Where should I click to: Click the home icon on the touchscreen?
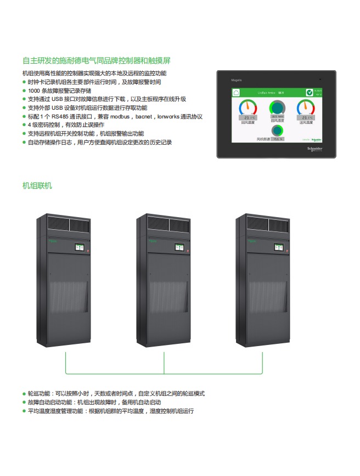[x=240, y=92]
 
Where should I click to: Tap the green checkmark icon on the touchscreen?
[x=310, y=92]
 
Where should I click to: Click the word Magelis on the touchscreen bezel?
[x=237, y=80]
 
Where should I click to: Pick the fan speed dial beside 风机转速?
[x=278, y=131]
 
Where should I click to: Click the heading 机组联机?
[x=37, y=186]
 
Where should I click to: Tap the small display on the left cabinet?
[x=80, y=248]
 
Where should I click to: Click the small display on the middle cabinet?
[x=179, y=248]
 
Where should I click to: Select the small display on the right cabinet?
[x=279, y=248]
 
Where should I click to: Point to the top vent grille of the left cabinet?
[x=69, y=224]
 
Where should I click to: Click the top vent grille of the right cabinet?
[x=267, y=224]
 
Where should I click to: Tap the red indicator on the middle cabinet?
[x=187, y=251]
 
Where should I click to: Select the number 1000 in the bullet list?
[x=34, y=90]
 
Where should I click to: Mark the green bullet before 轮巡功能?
[x=24, y=394]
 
